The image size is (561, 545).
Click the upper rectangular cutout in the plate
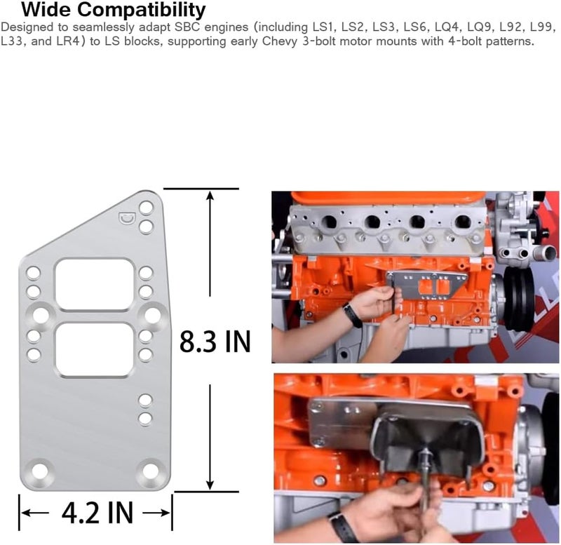[x=95, y=284]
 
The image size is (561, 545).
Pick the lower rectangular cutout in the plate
[x=95, y=349]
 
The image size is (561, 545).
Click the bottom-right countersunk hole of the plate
[x=149, y=472]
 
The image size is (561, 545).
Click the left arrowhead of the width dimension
[x=24, y=511]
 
